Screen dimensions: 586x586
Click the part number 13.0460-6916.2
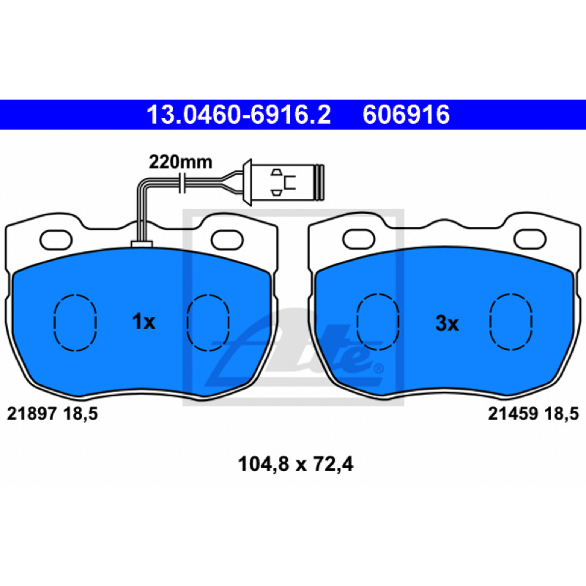[x=239, y=115]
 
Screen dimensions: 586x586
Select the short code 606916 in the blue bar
[x=406, y=115]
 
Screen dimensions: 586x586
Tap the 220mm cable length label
[x=180, y=162]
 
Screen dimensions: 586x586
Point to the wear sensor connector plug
[x=283, y=182]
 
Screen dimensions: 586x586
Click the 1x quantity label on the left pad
[x=144, y=322]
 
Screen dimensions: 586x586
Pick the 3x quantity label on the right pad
[x=447, y=324]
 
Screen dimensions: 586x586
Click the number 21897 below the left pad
[x=31, y=414]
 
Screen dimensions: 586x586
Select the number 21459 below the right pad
[x=513, y=414]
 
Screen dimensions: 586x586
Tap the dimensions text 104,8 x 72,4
[x=295, y=464]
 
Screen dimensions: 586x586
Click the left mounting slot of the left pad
[x=56, y=240]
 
